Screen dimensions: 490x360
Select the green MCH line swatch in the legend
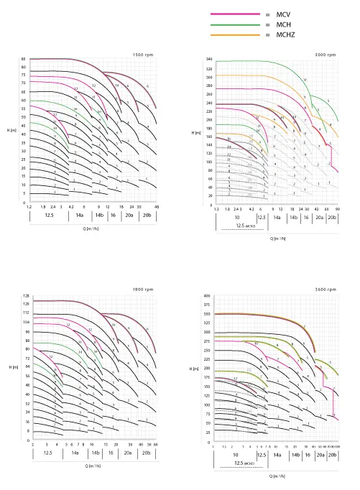(233, 24)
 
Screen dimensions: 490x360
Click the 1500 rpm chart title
(144, 55)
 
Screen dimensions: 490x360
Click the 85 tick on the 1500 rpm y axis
(24, 59)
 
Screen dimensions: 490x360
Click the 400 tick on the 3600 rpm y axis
(207, 296)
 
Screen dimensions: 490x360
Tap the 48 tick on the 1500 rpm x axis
(157, 206)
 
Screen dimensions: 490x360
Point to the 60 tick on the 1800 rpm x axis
(157, 444)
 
